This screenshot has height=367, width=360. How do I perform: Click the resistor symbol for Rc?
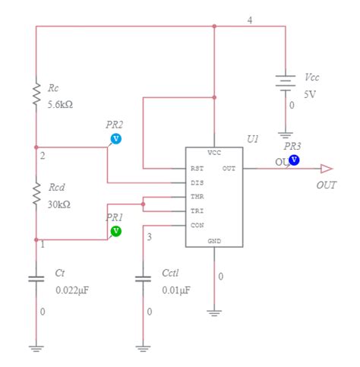[35, 95]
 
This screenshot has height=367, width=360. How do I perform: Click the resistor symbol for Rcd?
[35, 193]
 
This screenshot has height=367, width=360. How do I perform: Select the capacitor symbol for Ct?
[35, 279]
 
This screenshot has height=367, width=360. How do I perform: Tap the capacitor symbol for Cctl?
[143, 279]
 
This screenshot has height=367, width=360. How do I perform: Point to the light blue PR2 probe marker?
[116, 139]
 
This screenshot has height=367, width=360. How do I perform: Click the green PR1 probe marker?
[115, 230]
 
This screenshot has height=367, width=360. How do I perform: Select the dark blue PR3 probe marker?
[294, 160]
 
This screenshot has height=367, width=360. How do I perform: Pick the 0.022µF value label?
[72, 290]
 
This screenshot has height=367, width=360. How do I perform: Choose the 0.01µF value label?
[175, 290]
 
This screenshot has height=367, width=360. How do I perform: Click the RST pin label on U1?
[197, 168]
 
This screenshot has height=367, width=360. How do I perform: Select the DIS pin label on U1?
[197, 182]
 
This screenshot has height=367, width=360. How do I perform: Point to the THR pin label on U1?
[197, 197]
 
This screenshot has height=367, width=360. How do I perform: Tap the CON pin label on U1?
[197, 226]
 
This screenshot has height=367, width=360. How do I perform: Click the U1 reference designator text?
[253, 139]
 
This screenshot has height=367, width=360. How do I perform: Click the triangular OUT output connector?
[326, 168]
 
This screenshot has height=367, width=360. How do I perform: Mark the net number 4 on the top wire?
[250, 20]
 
